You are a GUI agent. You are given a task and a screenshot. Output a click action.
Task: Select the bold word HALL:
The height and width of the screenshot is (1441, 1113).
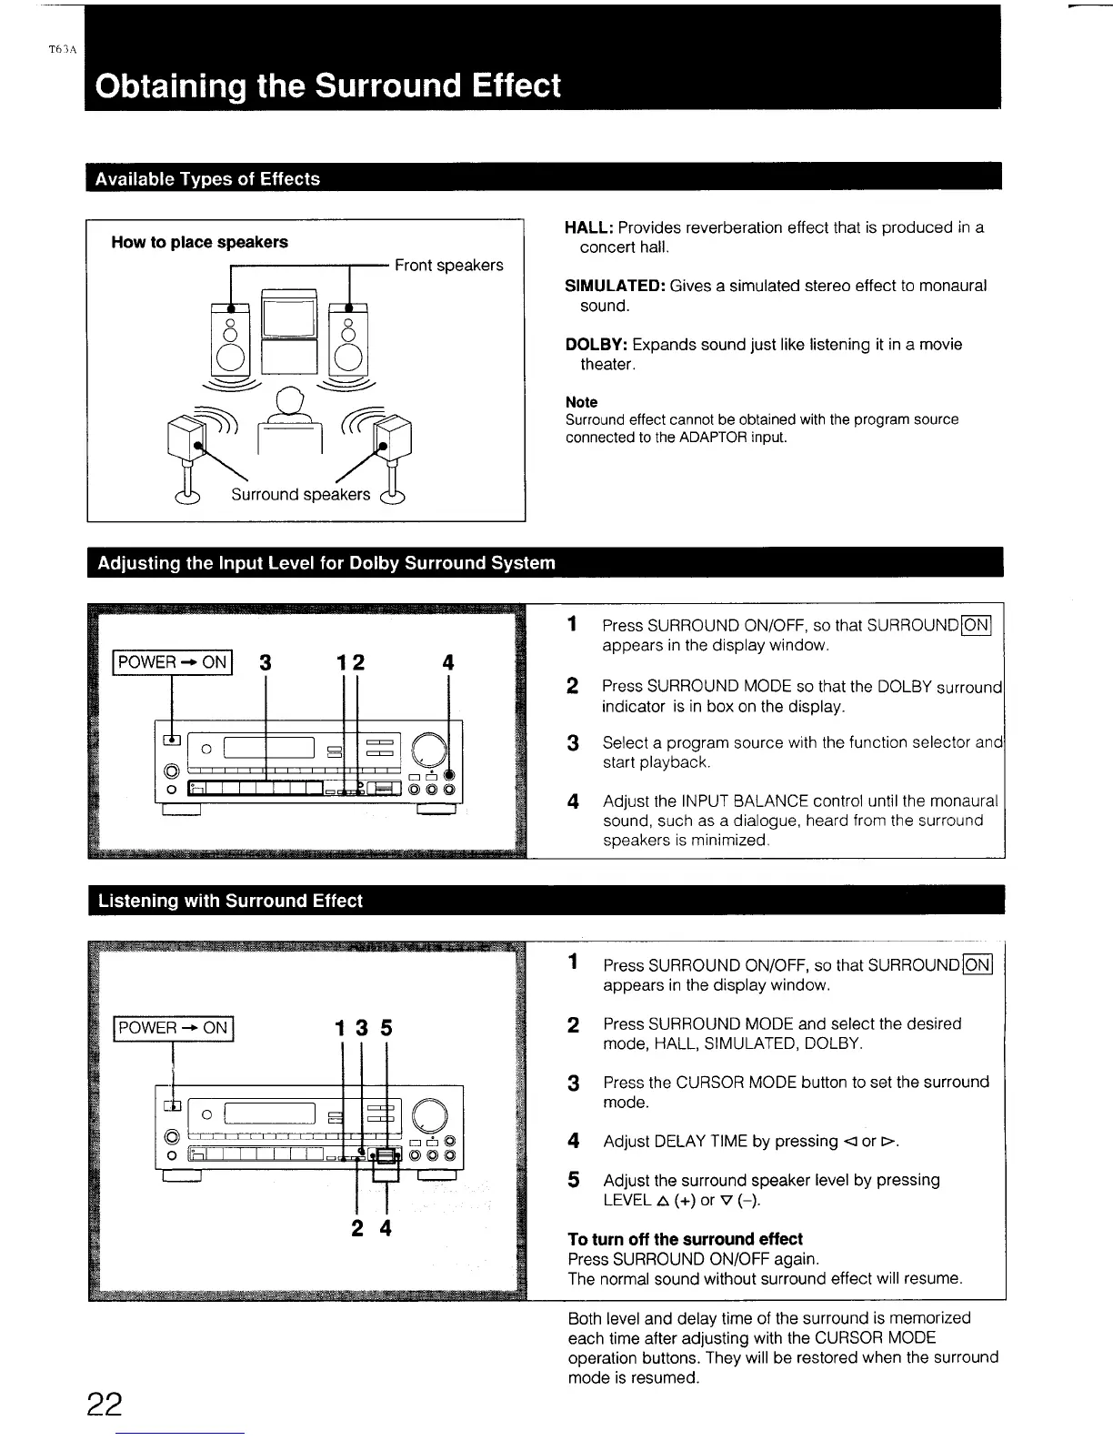tap(589, 227)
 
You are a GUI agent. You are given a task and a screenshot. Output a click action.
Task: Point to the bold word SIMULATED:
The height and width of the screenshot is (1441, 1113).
tap(615, 286)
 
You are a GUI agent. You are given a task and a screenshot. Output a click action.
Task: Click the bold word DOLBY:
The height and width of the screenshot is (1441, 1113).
tap(597, 345)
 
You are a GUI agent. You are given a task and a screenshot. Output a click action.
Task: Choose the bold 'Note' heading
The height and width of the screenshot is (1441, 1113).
tap(581, 402)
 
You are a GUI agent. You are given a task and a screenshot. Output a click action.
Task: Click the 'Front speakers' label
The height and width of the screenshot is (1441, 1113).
tap(448, 266)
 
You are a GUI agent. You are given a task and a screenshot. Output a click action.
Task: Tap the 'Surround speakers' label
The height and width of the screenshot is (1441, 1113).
tap(300, 494)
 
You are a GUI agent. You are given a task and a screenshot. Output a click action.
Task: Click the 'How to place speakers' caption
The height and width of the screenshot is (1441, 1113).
tap(199, 242)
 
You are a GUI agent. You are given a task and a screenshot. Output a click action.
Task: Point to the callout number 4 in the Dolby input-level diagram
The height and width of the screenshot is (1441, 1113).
tap(447, 663)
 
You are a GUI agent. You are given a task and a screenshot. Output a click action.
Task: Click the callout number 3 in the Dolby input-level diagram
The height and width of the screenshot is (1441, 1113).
tap(265, 663)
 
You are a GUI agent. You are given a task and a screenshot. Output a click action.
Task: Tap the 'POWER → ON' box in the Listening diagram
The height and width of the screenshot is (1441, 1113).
tap(173, 1028)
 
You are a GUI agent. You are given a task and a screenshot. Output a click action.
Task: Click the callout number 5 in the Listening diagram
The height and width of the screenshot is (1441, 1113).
tap(386, 1028)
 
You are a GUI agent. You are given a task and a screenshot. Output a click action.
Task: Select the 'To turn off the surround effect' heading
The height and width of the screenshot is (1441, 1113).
tap(685, 1239)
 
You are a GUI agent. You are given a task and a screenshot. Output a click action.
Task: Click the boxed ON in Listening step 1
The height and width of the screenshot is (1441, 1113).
tap(978, 965)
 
